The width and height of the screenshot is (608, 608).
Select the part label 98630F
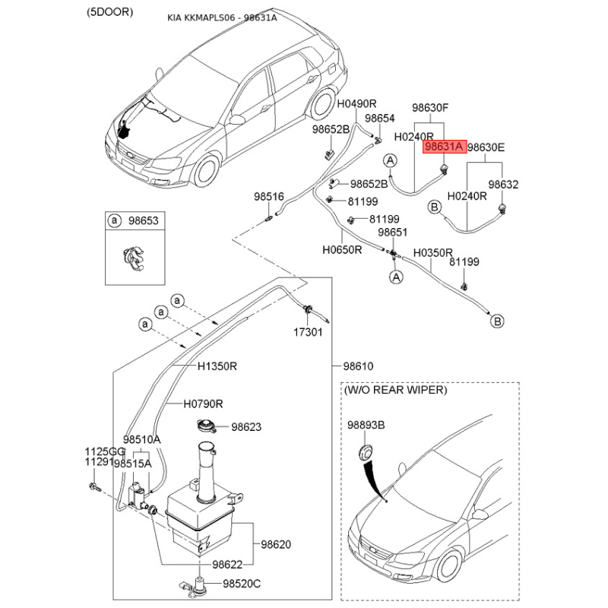tap(430, 108)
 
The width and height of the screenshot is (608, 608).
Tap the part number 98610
tap(358, 366)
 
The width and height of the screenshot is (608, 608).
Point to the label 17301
tap(309, 333)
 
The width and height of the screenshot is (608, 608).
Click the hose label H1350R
tap(217, 366)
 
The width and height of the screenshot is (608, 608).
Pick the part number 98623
tap(246, 427)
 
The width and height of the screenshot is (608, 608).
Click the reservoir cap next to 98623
tap(206, 427)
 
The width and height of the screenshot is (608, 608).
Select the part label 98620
tap(276, 544)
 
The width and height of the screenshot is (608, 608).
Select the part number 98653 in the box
tap(142, 220)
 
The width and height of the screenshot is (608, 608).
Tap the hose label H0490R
tap(357, 103)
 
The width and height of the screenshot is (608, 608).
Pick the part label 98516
tap(268, 197)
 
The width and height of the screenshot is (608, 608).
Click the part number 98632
tap(502, 184)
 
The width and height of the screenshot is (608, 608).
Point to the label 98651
tap(394, 233)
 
